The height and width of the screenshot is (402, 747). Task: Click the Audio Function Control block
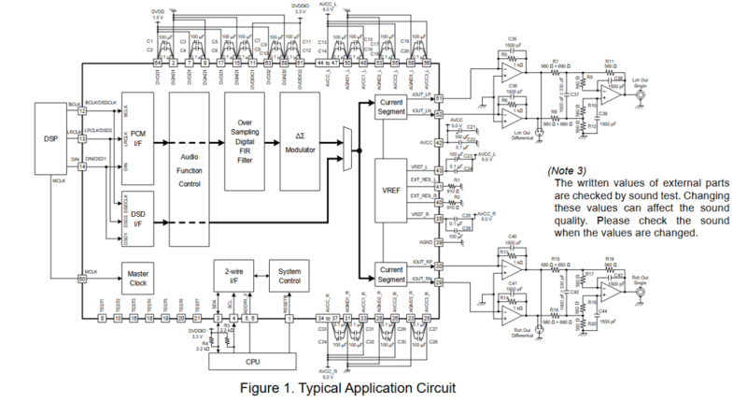(x=191, y=173)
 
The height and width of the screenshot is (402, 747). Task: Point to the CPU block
(x=253, y=360)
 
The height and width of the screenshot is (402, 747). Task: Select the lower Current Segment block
(x=391, y=273)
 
